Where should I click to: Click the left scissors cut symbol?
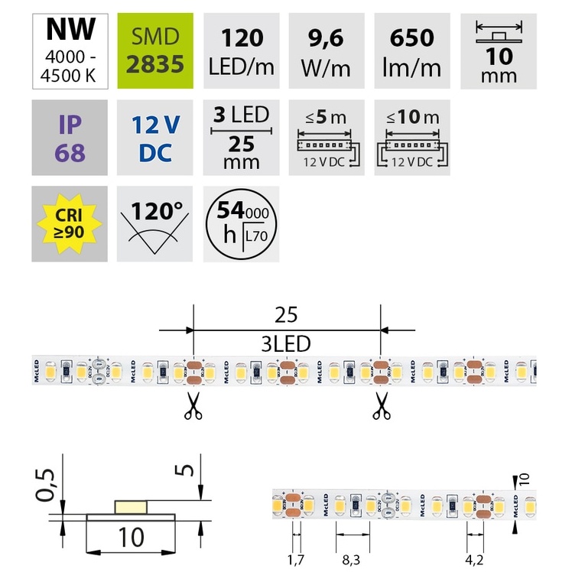point(193,407)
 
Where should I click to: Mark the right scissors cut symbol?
point(381,407)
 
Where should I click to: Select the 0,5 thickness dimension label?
point(47,485)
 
